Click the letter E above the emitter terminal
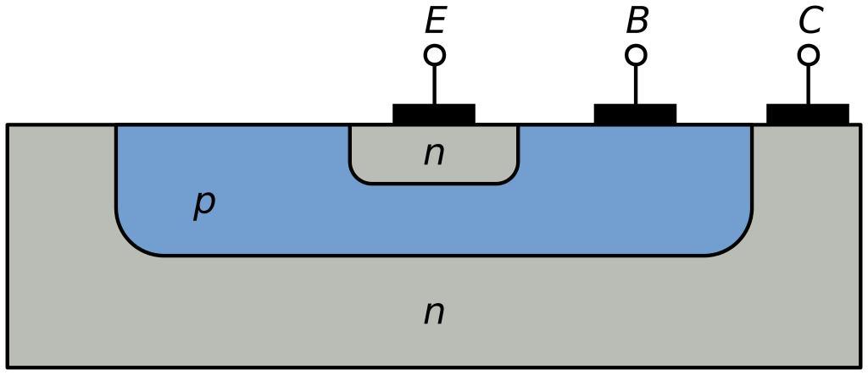pyautogui.click(x=435, y=20)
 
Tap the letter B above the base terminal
pyautogui.click(x=637, y=20)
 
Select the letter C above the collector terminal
pyautogui.click(x=810, y=20)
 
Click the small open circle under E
pyautogui.click(x=435, y=56)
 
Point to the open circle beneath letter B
pyautogui.click(x=637, y=56)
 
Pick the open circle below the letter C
pyautogui.click(x=809, y=56)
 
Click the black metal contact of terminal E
pyautogui.click(x=434, y=114)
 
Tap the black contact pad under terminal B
pyautogui.click(x=635, y=114)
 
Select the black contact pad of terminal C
pyautogui.click(x=808, y=114)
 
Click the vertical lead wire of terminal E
pyautogui.click(x=435, y=85)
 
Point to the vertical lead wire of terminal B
pyautogui.click(x=637, y=85)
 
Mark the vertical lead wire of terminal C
pyautogui.click(x=809, y=85)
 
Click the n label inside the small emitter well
pyautogui.click(x=434, y=154)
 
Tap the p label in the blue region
pyautogui.click(x=203, y=203)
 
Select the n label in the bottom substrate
pyautogui.click(x=434, y=313)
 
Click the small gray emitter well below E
pyautogui.click(x=390, y=157)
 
